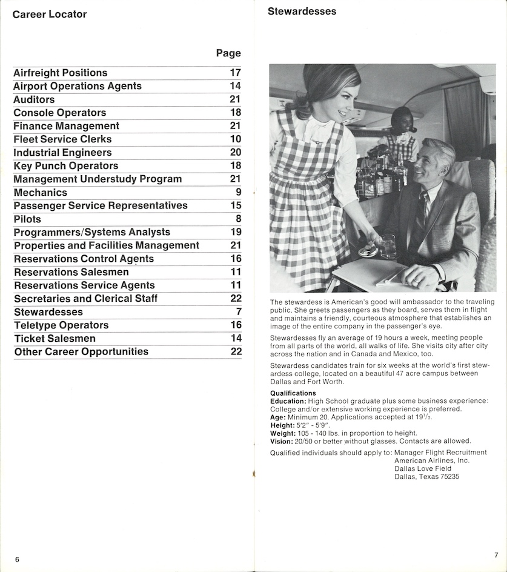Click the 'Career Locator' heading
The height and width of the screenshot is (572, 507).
(x=50, y=14)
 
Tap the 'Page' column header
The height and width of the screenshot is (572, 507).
(x=228, y=53)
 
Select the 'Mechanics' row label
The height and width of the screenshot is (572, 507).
(x=41, y=193)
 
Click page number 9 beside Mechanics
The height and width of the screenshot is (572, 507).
(x=238, y=193)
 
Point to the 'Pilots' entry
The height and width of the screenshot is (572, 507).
(x=27, y=219)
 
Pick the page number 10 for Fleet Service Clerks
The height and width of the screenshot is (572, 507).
(x=236, y=139)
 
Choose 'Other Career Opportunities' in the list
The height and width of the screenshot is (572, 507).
(x=81, y=352)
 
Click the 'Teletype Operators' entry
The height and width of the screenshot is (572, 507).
(x=61, y=325)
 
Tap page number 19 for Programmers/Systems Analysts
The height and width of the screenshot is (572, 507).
(x=236, y=232)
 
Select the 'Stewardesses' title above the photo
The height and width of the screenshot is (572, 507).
(x=302, y=12)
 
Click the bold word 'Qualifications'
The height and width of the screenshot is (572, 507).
(x=293, y=393)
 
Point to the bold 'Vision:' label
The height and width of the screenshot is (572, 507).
(x=282, y=441)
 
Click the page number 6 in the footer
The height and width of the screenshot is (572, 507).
(x=17, y=559)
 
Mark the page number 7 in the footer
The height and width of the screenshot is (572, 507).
(x=495, y=555)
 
